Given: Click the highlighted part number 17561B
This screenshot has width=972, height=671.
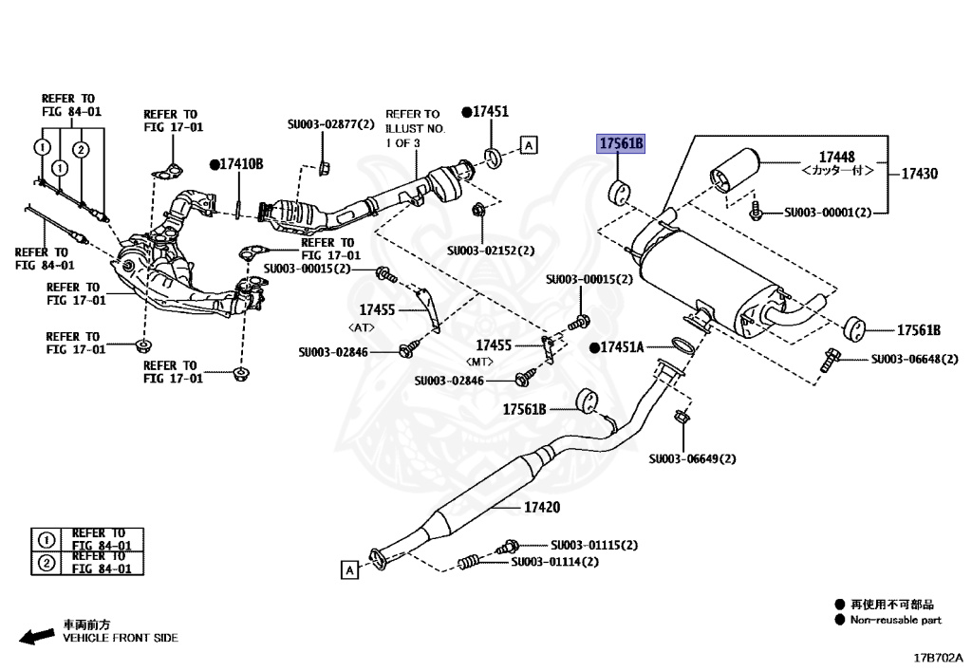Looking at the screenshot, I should coord(621,144).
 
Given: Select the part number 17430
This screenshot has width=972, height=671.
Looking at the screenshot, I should coord(919,174).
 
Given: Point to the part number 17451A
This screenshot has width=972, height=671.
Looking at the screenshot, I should coord(621,348).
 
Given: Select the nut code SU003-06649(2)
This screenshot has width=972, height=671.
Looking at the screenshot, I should coord(692,458).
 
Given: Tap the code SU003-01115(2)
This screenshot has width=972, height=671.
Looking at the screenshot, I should coord(594,546).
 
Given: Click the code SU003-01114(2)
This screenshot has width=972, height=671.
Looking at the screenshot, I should coord(555,562).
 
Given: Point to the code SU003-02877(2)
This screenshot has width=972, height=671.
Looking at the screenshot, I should coord(331,124).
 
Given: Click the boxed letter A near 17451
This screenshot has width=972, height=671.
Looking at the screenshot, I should coord(529,145).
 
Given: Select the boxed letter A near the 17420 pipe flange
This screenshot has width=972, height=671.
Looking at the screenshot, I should coord(349,569).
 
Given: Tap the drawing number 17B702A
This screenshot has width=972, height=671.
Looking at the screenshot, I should coord(937,657).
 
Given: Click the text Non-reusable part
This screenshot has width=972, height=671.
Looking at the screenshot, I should coord(895,620).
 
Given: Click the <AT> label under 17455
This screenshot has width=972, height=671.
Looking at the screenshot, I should coord(364,326).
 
